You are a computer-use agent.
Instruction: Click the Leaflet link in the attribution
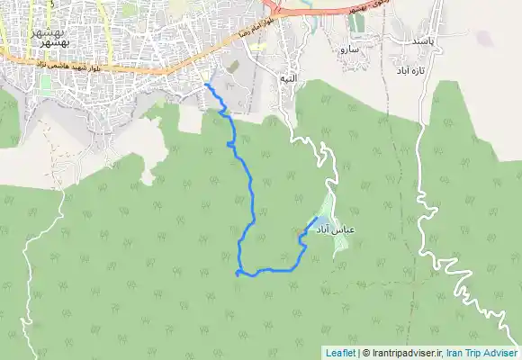coord(340,353)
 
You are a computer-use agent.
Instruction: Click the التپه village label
coord(288,78)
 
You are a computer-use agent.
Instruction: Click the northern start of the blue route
coord(207,84)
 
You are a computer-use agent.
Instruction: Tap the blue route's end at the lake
coord(315,218)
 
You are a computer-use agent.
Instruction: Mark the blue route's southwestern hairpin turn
coord(238,272)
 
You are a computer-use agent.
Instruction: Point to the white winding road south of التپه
coord(310,144)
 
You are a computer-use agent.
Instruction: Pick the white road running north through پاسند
coord(438,22)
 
